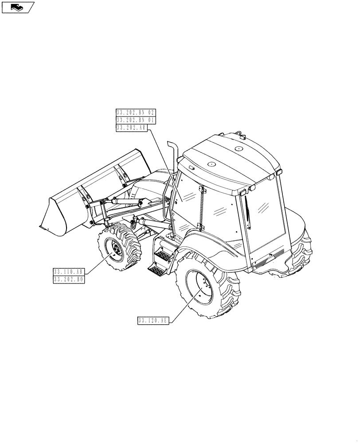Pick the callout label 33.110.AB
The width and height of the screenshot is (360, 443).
(x=69, y=272)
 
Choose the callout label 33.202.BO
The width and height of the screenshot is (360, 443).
(x=69, y=280)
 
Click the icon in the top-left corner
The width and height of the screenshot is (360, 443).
(x=18, y=7)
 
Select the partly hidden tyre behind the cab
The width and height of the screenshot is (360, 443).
(x=302, y=257)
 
